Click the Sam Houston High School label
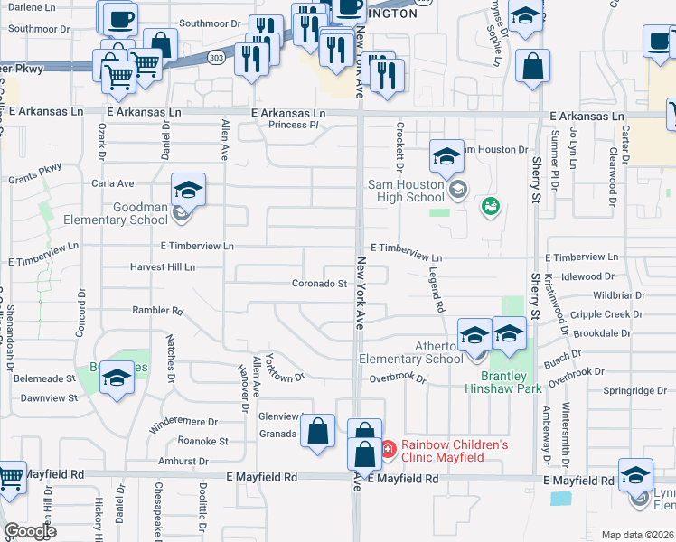click(x=406, y=191)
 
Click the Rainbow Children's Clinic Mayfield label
click(x=455, y=451)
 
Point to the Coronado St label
click(x=319, y=284)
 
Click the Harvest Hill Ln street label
click(x=162, y=267)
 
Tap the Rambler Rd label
click(x=157, y=311)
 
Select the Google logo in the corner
click(x=31, y=531)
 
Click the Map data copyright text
click(x=635, y=535)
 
